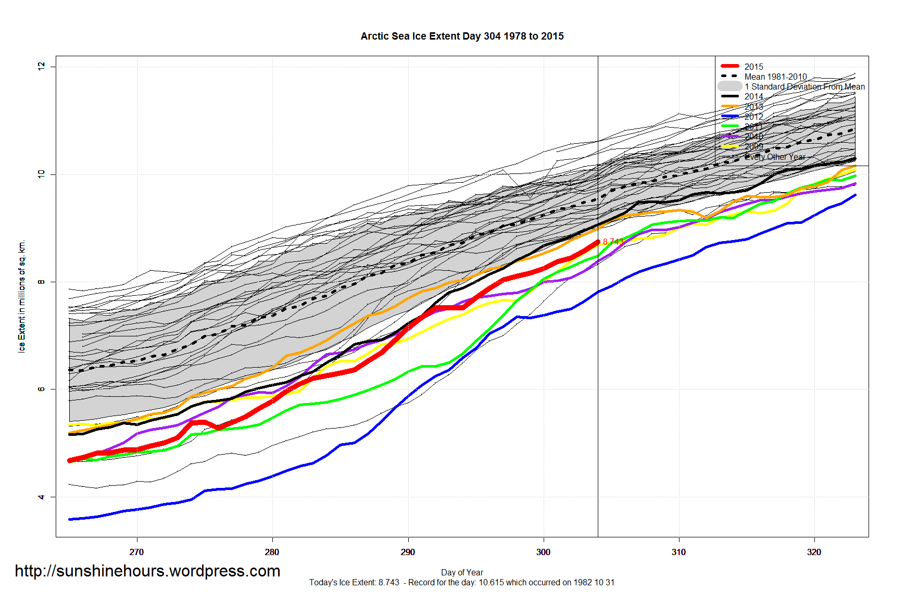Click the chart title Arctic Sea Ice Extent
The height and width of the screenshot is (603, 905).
(x=462, y=36)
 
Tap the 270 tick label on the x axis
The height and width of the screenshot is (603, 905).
(x=136, y=552)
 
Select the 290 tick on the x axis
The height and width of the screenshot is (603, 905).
(x=408, y=552)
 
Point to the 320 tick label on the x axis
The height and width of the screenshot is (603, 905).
(x=814, y=552)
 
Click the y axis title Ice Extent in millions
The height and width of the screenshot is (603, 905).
(x=22, y=296)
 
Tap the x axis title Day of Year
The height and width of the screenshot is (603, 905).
(x=462, y=572)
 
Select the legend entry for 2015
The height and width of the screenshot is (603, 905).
(x=753, y=67)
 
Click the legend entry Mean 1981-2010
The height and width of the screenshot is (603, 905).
(x=775, y=77)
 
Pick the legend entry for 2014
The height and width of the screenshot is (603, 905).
(x=753, y=96)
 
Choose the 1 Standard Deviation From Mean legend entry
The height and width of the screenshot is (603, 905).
(x=805, y=86)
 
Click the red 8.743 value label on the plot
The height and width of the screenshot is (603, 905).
(x=613, y=242)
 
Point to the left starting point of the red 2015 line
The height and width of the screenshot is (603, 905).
(x=70, y=460)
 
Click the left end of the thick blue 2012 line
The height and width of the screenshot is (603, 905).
(x=70, y=519)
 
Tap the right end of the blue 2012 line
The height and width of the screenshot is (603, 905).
(x=855, y=195)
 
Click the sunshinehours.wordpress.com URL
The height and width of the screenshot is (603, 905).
(x=147, y=571)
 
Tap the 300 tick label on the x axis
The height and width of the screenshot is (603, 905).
(x=543, y=552)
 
